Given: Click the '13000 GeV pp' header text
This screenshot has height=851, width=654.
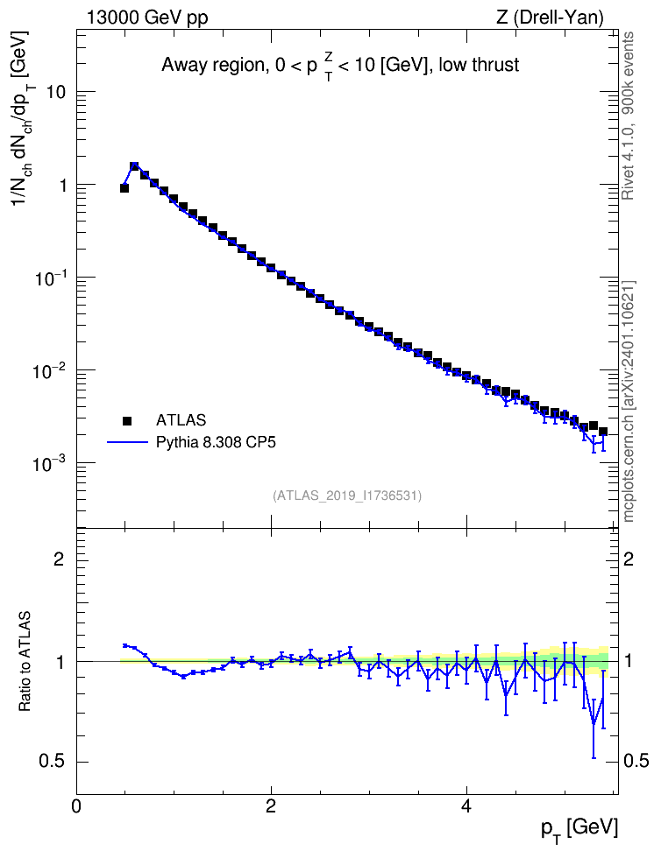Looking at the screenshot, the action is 146,18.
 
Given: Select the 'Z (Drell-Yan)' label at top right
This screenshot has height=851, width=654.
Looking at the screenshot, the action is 550,18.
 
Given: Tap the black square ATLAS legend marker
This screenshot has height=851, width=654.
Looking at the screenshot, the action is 127,420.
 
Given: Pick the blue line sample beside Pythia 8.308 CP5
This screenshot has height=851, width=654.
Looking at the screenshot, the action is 128,442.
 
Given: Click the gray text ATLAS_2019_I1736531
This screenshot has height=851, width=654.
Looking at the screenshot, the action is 347,496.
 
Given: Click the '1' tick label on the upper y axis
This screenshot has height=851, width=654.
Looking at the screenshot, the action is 61,185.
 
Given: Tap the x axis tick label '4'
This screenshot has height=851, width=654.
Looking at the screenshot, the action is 466,805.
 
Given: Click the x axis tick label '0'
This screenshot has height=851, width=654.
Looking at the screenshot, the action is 76,805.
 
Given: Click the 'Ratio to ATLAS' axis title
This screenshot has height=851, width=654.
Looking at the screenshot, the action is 25,662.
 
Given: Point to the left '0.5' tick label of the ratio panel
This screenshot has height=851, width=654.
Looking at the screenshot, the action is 53,762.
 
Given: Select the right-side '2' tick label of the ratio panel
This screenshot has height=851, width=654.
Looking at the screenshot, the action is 629,559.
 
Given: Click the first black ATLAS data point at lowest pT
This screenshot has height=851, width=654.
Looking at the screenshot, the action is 124,187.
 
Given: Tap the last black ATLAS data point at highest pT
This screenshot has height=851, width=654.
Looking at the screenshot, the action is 603,432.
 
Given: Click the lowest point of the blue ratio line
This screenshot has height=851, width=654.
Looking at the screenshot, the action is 594,724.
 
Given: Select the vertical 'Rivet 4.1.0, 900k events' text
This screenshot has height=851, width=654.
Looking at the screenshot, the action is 628,116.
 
